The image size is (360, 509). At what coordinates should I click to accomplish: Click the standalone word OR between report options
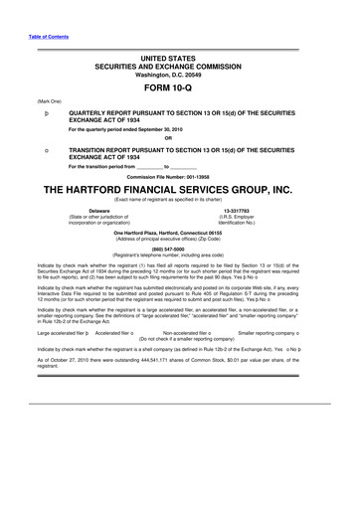(x=180, y=138)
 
